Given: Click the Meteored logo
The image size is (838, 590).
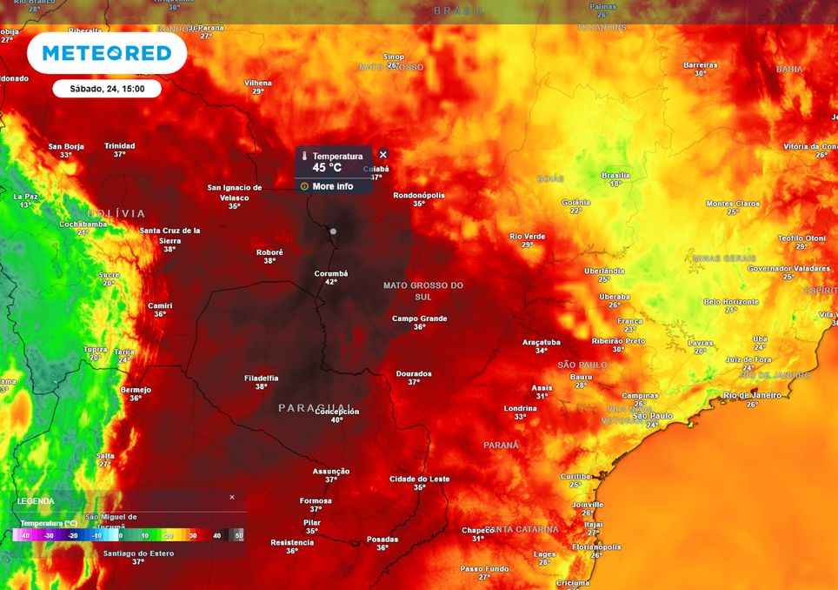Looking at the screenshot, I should pos(107,53).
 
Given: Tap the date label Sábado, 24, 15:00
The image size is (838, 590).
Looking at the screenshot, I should pos(107,89).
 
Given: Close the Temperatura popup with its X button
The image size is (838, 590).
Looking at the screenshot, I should pos(382,155).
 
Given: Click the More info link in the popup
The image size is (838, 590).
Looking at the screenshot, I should pos(332,186).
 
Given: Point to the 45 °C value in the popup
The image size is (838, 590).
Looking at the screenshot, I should pos(327,168).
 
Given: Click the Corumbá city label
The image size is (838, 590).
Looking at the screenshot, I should pos(330,273).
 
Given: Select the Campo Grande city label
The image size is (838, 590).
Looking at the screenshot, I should pos(419,318).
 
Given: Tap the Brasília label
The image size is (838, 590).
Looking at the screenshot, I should pos(615,175).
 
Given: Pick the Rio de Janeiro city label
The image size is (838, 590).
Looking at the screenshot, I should pos(752,395).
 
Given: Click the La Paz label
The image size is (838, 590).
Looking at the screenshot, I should pos(26,197).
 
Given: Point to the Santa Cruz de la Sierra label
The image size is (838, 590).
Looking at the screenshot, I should pos(170,235).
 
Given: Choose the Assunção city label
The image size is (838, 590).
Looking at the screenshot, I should pos(331,471).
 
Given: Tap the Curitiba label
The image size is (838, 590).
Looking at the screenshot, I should pos(575,476).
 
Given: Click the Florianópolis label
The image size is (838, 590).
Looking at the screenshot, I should pos(596,547).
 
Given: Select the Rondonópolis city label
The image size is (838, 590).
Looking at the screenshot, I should pos(419,195).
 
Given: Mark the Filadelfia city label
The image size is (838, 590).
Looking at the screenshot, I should pos(261,378).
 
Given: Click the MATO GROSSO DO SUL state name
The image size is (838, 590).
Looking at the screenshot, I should pos(423,291).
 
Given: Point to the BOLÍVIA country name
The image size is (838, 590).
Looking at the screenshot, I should pos(116,213).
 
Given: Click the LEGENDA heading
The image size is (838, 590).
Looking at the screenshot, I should pos(36,501).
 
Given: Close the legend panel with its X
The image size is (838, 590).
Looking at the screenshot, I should pos(232,497).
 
